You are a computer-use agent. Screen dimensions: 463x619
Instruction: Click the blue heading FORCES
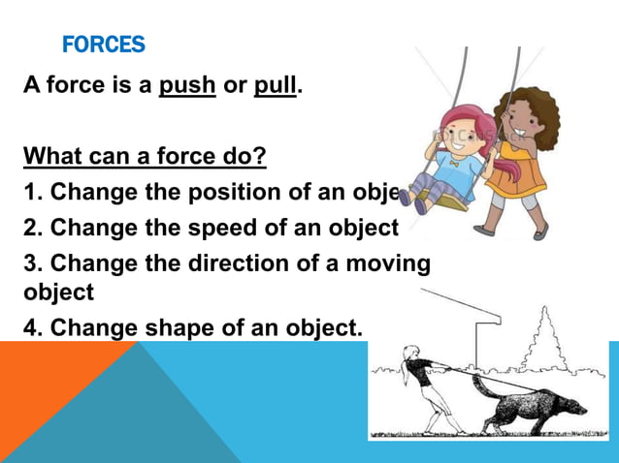(x=103, y=45)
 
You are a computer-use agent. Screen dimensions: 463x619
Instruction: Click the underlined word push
(x=187, y=84)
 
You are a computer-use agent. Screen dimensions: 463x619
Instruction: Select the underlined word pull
(x=277, y=84)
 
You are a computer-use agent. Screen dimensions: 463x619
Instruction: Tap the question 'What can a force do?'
(x=145, y=155)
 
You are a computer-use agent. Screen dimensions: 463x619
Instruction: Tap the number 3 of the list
(x=32, y=263)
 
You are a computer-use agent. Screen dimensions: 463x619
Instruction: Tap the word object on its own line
(x=58, y=292)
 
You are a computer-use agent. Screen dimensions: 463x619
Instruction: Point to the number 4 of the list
(x=32, y=327)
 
